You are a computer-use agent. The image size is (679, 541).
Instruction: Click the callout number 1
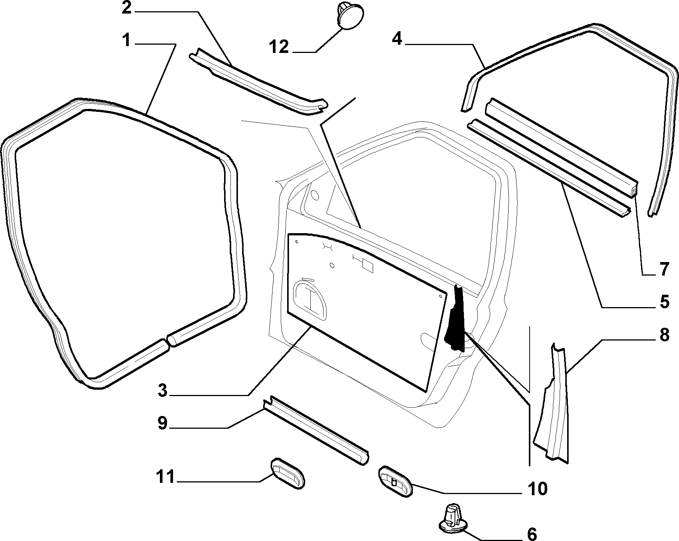(126, 41)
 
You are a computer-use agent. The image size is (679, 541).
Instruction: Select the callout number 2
(126, 8)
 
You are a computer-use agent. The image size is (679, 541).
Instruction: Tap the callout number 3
(162, 390)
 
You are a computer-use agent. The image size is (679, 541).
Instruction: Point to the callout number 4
(397, 38)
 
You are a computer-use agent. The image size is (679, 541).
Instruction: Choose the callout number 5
(664, 301)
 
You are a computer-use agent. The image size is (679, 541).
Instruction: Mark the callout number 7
(664, 269)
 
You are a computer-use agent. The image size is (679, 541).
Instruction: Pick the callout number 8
(664, 335)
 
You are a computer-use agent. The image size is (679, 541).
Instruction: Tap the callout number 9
(162, 423)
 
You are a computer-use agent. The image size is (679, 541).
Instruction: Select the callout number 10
(537, 488)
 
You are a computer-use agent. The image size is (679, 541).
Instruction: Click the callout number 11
(166, 477)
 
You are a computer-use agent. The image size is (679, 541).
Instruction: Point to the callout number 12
(279, 47)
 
